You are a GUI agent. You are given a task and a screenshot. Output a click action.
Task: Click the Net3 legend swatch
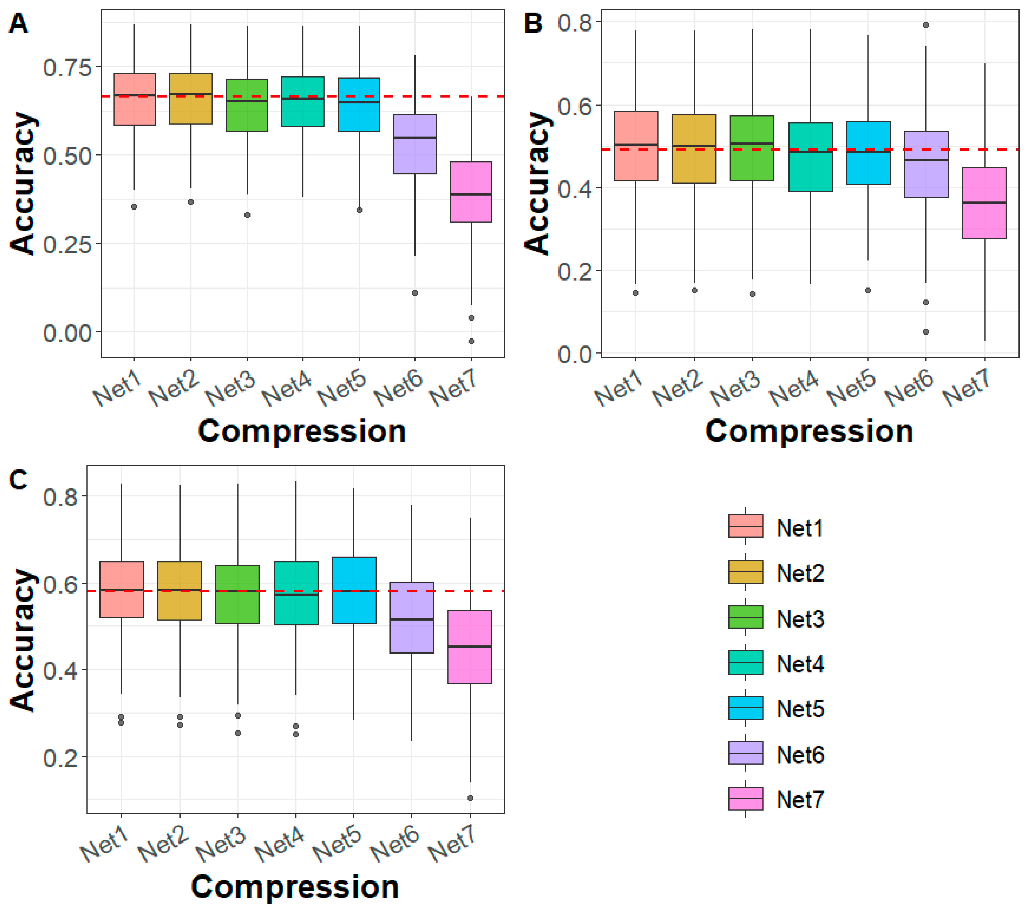tap(746, 617)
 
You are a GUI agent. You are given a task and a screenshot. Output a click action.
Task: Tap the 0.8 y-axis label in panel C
tap(61, 497)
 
